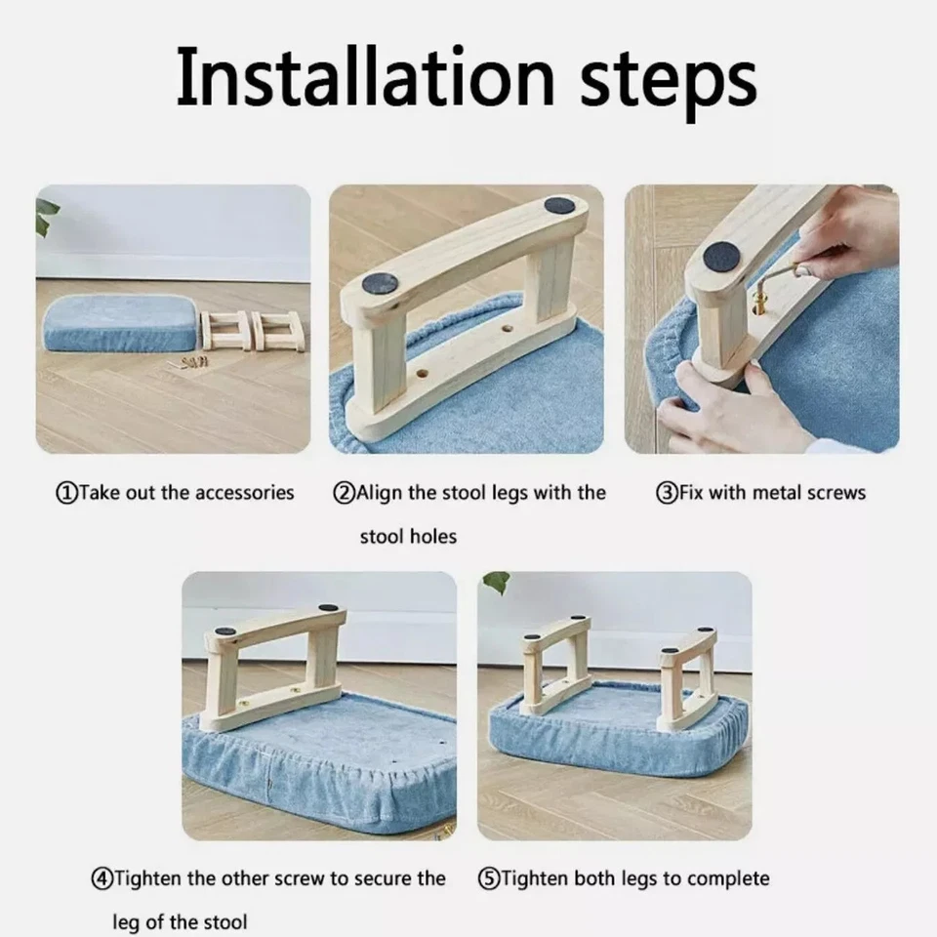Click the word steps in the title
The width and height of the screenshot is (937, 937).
coord(668,81)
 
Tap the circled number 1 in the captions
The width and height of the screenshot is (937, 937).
coord(66,494)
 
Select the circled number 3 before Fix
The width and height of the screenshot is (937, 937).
coord(667,494)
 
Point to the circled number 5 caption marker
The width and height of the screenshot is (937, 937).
coord(489,879)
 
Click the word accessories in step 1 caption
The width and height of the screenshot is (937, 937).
coord(245,493)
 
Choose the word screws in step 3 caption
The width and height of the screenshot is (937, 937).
coord(836,494)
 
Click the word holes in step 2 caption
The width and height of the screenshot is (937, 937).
coord(433,536)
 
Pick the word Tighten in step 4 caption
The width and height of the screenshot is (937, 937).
coord(147,879)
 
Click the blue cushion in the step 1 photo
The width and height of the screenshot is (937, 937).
coord(120,323)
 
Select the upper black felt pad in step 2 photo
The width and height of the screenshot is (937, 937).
coord(559,207)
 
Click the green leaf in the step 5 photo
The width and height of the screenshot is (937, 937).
coord(497,582)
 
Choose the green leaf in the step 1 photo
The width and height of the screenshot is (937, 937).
coord(46,215)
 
